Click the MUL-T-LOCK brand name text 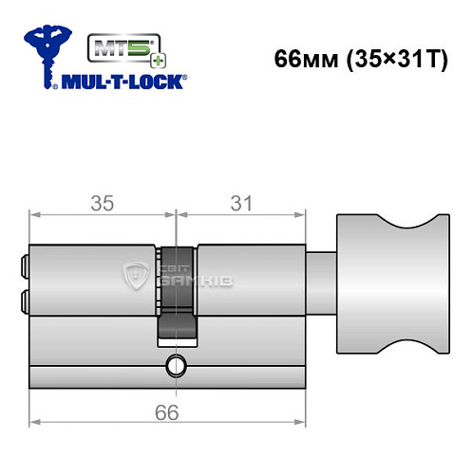tap(124, 81)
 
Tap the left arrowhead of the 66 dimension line tap(34, 422)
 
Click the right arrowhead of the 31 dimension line tap(306, 215)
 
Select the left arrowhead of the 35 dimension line tap(34, 215)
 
